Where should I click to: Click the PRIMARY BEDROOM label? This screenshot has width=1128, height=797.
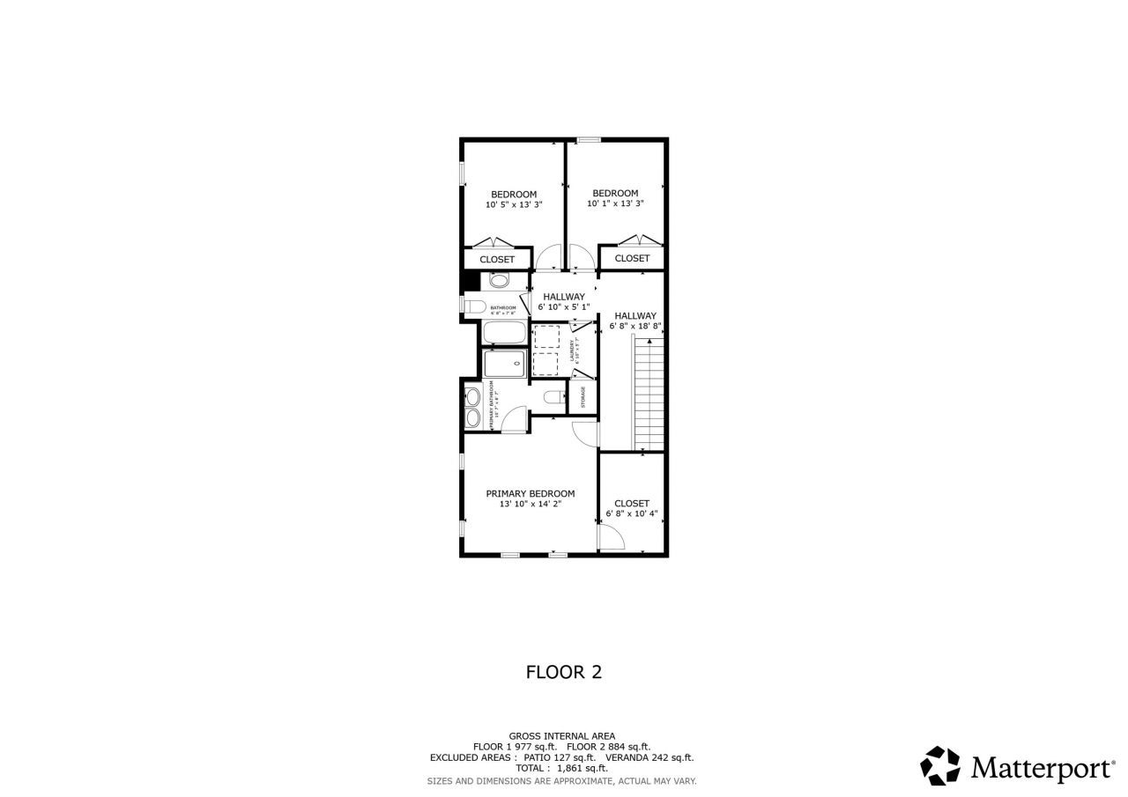pos(530,494)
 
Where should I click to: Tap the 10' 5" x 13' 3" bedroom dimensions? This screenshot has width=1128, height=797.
pos(513,204)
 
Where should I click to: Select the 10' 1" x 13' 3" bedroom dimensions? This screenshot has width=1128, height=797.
pos(615,203)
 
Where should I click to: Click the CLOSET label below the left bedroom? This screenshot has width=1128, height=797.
pos(497,260)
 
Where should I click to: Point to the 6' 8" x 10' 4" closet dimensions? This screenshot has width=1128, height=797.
pos(632,513)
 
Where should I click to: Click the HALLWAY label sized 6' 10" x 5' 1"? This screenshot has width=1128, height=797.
pos(564,297)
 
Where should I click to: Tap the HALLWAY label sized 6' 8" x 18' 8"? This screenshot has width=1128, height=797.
pos(635,315)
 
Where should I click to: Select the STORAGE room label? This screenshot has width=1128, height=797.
pos(583,397)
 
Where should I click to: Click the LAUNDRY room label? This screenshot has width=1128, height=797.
pos(573,351)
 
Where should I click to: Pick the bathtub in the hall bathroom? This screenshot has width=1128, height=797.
pos(504,334)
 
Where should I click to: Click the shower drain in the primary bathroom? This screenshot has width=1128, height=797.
pos(517,363)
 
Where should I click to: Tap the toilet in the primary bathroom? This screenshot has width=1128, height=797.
pos(554,397)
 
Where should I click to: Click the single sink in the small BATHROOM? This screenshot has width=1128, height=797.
pos(499,281)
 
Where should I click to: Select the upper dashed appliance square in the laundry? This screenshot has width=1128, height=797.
pos(547,337)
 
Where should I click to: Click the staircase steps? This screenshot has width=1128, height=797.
pos(649,396)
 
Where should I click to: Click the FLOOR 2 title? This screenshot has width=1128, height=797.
pos(564,672)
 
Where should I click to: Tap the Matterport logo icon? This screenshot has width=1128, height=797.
pos(940,765)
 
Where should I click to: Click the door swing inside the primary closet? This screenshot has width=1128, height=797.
pos(611,536)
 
